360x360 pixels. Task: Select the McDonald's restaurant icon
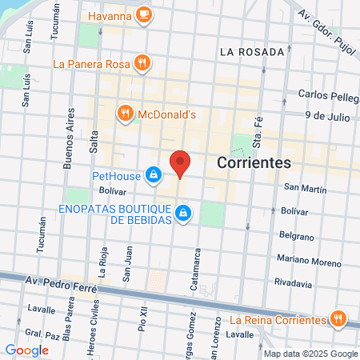[125, 114]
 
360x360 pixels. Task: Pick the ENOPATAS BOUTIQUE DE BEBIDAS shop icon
[183, 213]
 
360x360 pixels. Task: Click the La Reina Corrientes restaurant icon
[339, 319]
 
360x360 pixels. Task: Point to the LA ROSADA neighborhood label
[251, 52]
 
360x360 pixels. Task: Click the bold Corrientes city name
[253, 162]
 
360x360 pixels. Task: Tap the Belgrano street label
[297, 235]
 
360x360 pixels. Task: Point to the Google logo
[26, 350]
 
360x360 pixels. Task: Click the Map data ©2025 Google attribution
[311, 354]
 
